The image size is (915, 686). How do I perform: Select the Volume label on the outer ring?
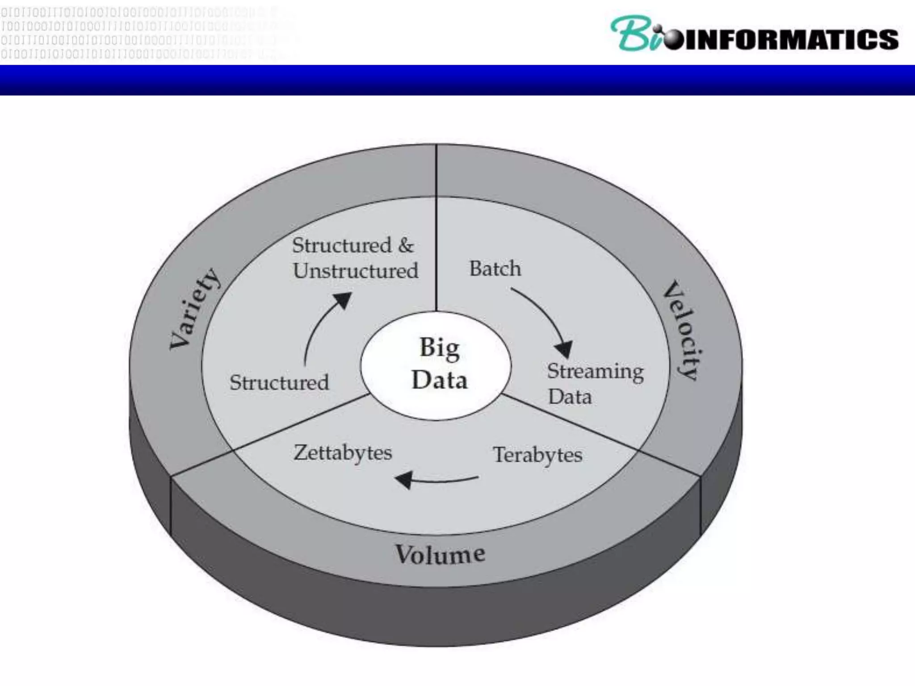pyautogui.click(x=440, y=554)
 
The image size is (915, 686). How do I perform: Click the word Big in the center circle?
pyautogui.click(x=440, y=347)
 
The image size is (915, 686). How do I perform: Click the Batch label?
pyautogui.click(x=495, y=268)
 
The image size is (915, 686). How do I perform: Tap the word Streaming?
pyautogui.click(x=595, y=372)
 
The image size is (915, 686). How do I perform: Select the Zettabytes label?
pyautogui.click(x=343, y=453)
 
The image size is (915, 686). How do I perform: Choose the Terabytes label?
pyautogui.click(x=537, y=455)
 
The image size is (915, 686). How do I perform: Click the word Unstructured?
pyautogui.click(x=356, y=271)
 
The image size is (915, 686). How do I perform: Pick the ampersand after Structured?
pyautogui.click(x=406, y=245)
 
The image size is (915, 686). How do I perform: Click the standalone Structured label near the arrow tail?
pyautogui.click(x=279, y=382)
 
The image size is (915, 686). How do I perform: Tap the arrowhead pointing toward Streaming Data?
pyautogui.click(x=564, y=349)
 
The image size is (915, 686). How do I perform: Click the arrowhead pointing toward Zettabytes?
pyautogui.click(x=404, y=480)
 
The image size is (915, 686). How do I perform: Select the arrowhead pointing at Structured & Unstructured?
pyautogui.click(x=343, y=300)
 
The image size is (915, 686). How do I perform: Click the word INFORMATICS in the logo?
pyautogui.click(x=791, y=39)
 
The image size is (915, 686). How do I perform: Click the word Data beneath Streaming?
pyautogui.click(x=570, y=397)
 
